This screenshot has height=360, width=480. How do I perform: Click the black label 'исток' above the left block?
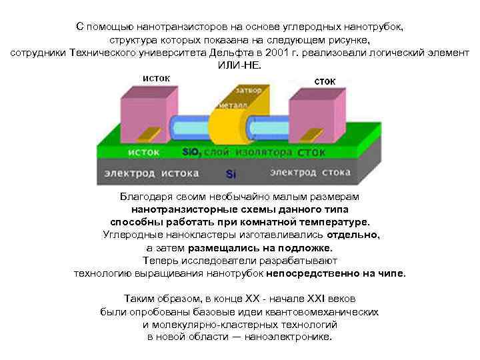point(155,78)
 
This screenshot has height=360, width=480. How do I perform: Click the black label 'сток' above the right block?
point(325,81)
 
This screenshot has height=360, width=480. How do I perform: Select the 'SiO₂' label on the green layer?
point(191,152)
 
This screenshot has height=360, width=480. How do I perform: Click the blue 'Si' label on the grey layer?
point(231,174)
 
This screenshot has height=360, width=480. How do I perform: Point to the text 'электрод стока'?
point(310,173)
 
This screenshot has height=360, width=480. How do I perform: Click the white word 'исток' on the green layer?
point(143,152)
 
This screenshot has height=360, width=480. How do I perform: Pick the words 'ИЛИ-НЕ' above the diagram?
point(240,65)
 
